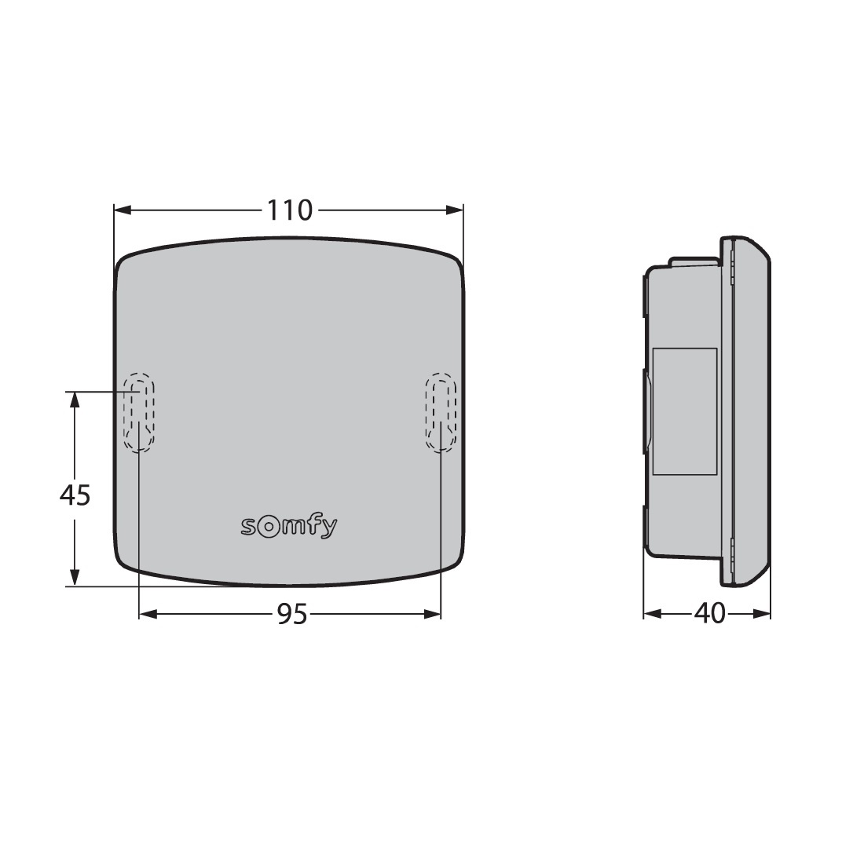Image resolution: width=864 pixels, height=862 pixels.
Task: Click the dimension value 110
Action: click(289, 210)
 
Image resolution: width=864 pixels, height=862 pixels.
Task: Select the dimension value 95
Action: click(291, 615)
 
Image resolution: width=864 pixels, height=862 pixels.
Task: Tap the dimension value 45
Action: click(75, 495)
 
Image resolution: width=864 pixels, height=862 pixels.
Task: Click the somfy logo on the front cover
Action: click(288, 527)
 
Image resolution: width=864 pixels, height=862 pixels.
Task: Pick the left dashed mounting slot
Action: click(138, 412)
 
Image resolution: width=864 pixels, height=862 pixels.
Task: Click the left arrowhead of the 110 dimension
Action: click(123, 210)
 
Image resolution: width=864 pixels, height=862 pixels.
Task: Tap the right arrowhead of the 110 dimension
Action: click(454, 210)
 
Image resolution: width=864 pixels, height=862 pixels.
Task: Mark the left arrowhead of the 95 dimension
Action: click(148, 614)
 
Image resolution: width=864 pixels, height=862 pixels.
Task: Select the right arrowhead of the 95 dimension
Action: click(432, 614)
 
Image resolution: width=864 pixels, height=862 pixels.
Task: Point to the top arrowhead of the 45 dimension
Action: click(75, 400)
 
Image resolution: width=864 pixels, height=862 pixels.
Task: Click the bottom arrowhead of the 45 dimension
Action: click(75, 577)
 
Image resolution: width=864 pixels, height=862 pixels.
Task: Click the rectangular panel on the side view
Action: click(684, 411)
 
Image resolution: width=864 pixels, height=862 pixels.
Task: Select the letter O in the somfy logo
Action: click(268, 527)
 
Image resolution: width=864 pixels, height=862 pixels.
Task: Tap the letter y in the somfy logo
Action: click(329, 528)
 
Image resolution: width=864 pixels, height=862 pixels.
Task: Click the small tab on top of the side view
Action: click(694, 261)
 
